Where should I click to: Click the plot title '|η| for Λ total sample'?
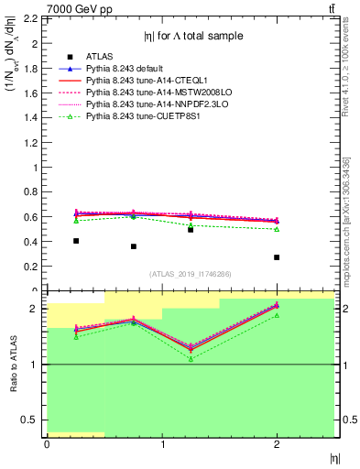(193, 36)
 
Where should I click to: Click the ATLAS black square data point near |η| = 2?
(277, 257)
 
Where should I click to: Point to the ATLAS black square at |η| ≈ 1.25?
(191, 229)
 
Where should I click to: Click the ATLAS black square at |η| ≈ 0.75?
(134, 246)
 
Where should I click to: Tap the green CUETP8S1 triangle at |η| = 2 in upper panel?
(277, 229)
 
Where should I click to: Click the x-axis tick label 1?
(162, 445)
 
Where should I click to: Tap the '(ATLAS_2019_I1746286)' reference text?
(191, 274)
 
